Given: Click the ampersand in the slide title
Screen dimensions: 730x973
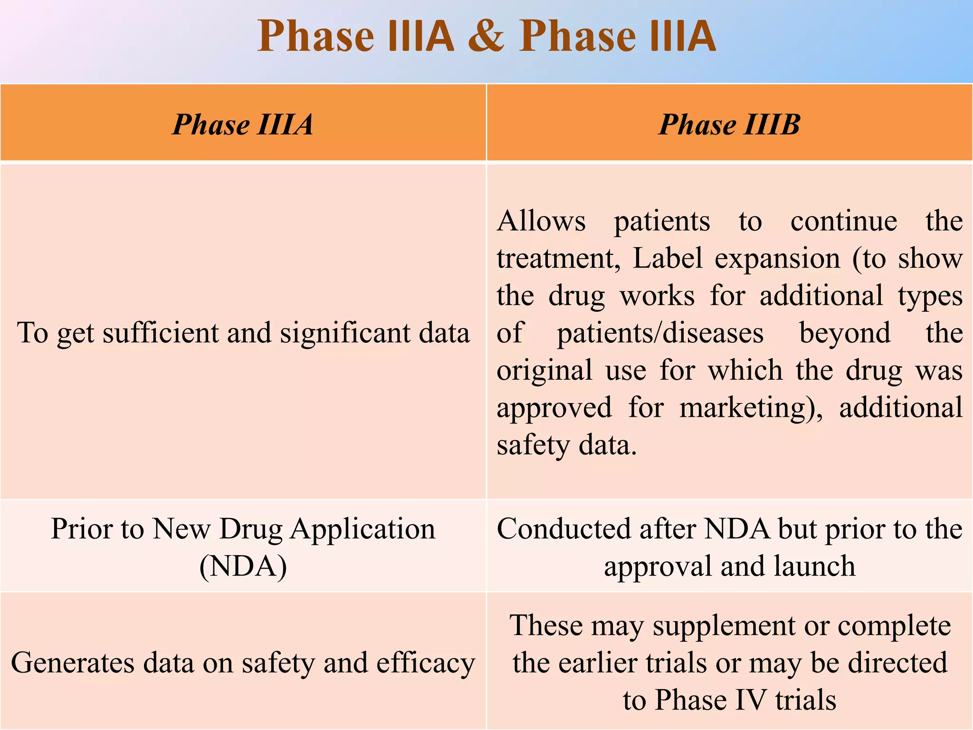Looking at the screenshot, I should [x=486, y=36].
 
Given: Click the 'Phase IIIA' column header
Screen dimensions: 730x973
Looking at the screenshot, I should [x=243, y=125].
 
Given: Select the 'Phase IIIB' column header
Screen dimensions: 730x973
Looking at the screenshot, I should [x=729, y=125].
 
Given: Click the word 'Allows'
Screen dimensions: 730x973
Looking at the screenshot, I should [x=541, y=221].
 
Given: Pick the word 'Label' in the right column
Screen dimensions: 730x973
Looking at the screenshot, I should [x=668, y=259].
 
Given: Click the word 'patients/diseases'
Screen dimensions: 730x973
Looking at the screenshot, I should [x=660, y=333].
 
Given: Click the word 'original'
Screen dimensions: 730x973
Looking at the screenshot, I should [x=544, y=371].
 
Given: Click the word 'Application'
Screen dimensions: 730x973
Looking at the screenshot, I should [x=362, y=528].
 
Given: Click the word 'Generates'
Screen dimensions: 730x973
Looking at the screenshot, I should [x=72, y=663].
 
